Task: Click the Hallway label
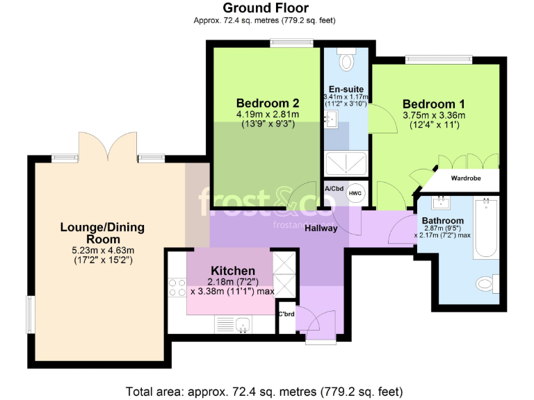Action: coord(321,228)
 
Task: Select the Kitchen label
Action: coord(232,270)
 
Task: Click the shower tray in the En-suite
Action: coord(346,165)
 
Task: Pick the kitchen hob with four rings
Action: coord(177,287)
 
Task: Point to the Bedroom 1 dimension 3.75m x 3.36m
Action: coord(434,115)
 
